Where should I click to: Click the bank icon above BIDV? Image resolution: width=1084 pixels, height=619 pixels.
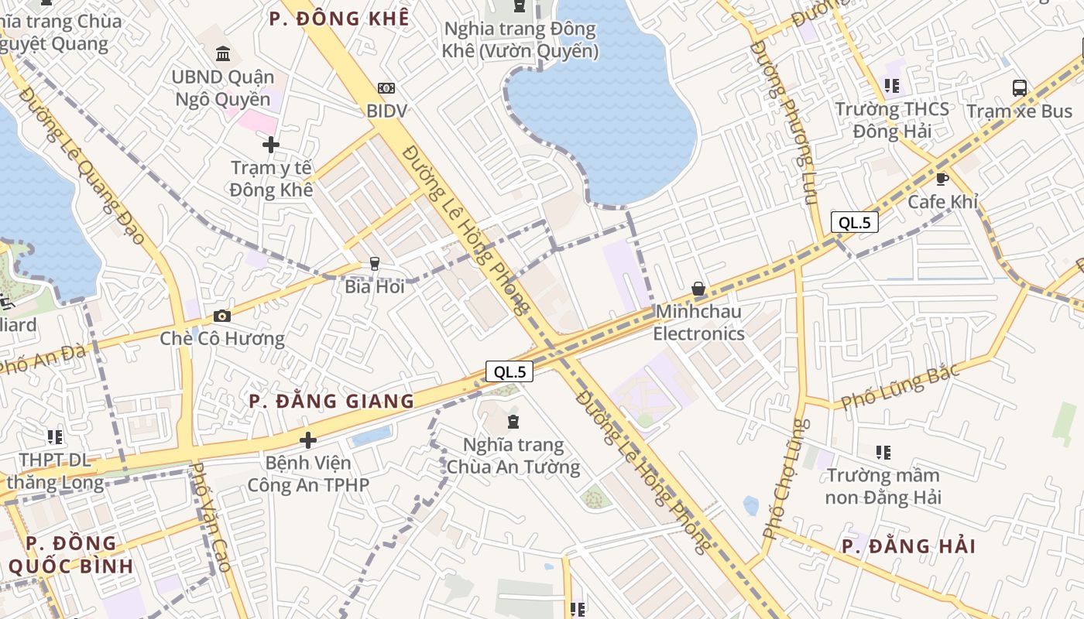[386, 89]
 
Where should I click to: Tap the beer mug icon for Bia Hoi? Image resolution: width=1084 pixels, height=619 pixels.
[375, 264]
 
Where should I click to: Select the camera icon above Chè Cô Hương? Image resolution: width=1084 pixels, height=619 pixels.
[222, 316]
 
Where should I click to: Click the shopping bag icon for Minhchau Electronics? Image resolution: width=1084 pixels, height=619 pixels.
[698, 289]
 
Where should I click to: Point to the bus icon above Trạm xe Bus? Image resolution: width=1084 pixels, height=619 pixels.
[1020, 88]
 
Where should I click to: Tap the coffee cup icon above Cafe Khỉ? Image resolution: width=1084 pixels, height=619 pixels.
[942, 180]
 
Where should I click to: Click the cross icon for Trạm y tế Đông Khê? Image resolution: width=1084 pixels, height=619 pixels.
[271, 145]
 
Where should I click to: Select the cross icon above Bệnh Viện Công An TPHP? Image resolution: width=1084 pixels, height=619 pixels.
[308, 440]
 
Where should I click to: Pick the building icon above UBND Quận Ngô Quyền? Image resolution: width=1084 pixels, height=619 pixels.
[223, 54]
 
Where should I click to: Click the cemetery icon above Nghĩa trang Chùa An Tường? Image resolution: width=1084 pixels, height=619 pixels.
[513, 422]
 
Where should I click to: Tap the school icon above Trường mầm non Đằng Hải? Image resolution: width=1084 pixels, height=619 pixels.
[883, 452]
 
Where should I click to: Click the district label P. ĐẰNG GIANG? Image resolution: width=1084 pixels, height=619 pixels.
[331, 401]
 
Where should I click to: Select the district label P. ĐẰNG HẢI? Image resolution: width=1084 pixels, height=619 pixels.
[908, 546]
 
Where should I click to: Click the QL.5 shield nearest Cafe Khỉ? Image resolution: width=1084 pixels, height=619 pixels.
[855, 223]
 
